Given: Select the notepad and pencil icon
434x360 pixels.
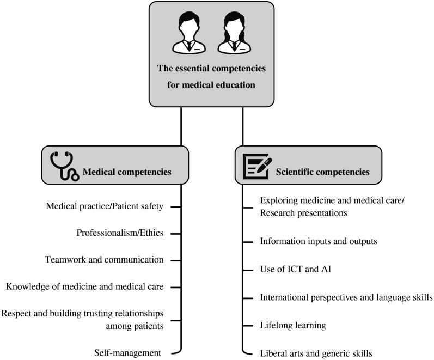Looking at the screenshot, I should click(x=255, y=164).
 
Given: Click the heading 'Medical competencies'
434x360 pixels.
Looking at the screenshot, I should click(x=127, y=172).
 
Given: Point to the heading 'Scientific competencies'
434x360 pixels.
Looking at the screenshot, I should click(x=323, y=172).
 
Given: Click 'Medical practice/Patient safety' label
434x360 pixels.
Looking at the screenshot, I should click(x=105, y=206).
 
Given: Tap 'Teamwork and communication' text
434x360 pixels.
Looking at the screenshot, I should click(x=105, y=260).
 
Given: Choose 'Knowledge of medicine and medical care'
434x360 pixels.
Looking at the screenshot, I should click(x=84, y=286).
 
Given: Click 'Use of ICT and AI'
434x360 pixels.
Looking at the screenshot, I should click(x=292, y=269).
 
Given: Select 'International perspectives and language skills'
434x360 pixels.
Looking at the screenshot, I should click(x=346, y=297).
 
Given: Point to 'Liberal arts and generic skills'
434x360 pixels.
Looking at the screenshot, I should click(x=316, y=353).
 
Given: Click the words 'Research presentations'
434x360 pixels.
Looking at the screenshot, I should click(x=303, y=213).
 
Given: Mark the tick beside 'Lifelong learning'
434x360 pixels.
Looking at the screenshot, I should click(x=247, y=326).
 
